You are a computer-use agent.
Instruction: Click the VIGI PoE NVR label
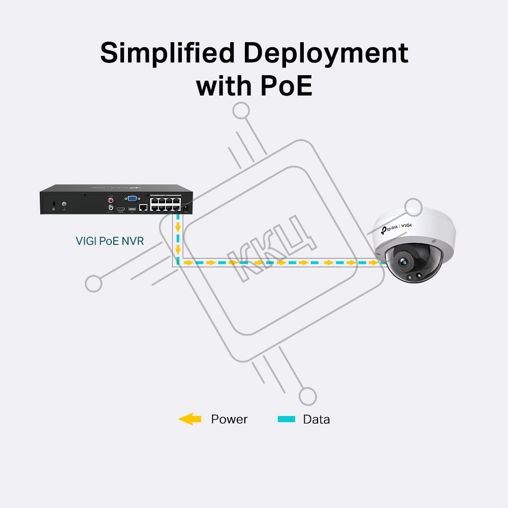110,241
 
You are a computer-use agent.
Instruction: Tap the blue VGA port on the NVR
132,198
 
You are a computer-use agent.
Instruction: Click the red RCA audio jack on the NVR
111,201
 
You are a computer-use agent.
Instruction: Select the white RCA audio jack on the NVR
111,207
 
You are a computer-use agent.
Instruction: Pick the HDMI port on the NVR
121,209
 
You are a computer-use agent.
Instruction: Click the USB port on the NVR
132,209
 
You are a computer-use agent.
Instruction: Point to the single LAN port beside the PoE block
143,207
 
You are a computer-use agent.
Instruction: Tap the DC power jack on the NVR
186,209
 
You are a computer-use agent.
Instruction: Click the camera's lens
403,262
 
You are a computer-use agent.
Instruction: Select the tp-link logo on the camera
389,229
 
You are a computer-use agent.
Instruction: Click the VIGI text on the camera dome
406,225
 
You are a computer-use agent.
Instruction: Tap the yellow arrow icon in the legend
190,419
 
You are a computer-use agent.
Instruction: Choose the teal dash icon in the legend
287,419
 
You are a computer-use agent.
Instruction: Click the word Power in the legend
229,419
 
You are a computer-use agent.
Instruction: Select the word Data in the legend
316,419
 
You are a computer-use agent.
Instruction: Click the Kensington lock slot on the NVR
54,204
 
